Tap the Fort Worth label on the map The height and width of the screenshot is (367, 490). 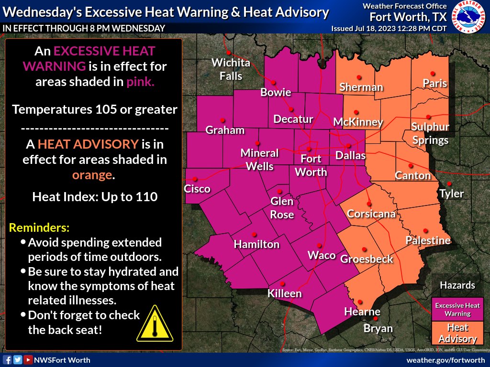tap(311, 165)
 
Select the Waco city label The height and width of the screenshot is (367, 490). tap(322, 255)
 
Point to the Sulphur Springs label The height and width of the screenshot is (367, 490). tap(430, 133)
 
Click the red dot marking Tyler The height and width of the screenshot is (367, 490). tap(449, 184)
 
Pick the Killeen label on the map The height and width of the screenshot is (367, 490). tap(284, 293)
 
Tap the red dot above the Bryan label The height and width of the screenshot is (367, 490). tap(376, 318)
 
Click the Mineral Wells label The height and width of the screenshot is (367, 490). tap(259, 160)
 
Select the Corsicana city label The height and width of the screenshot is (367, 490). tap(371, 214)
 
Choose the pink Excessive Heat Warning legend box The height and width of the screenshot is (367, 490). tap(457, 309)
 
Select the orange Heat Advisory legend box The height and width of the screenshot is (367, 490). tap(457, 333)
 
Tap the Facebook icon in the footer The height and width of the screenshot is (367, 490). tap(7, 360)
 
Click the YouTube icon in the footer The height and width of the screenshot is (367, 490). tap(28, 360)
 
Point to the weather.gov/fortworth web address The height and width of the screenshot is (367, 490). tap(446, 360)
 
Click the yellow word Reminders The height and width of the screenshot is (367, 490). tap(40, 226)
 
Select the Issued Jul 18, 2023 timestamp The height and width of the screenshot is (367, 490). tap(389, 28)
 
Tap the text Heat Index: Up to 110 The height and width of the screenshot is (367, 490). tap(95, 196)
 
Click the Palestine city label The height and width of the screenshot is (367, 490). tap(428, 240)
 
